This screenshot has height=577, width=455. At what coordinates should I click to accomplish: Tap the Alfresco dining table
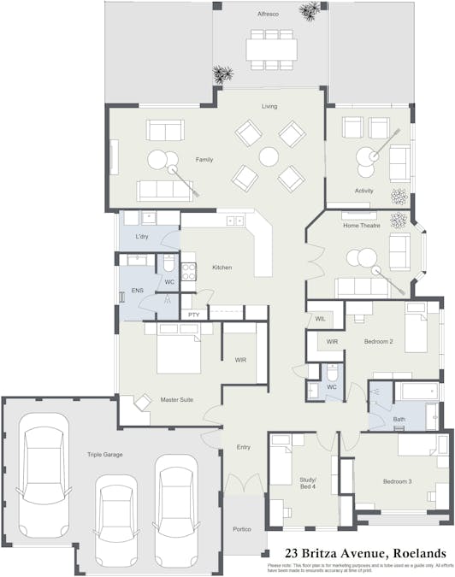point(271,47)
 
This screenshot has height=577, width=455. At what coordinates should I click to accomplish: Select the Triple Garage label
point(103,455)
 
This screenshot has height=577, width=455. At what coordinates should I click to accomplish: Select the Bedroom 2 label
point(378,342)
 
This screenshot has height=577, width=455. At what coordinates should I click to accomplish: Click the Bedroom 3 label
point(397,481)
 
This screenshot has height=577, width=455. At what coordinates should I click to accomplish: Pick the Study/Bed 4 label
point(307,482)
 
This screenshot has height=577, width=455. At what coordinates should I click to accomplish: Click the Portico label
point(242,529)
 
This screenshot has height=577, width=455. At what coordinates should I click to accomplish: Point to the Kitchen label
point(222,268)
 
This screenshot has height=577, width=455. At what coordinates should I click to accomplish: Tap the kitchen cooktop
point(190,271)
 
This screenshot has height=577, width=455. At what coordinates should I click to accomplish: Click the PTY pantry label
point(194,316)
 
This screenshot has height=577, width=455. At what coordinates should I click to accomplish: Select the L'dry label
point(143,236)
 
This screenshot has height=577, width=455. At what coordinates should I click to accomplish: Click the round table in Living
point(269,156)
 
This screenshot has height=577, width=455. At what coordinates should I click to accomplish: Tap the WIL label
point(320,318)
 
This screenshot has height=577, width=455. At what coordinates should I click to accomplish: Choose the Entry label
point(243,447)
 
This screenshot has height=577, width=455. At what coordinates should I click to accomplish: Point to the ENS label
point(137,291)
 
